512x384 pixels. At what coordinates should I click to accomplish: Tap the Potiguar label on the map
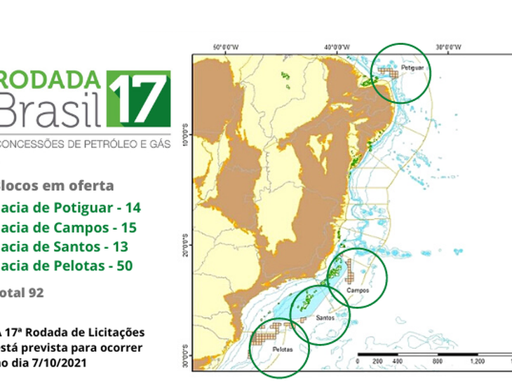pyautogui.click(x=410, y=69)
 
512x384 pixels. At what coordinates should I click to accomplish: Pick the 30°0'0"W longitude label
pyautogui.click(x=450, y=48)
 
